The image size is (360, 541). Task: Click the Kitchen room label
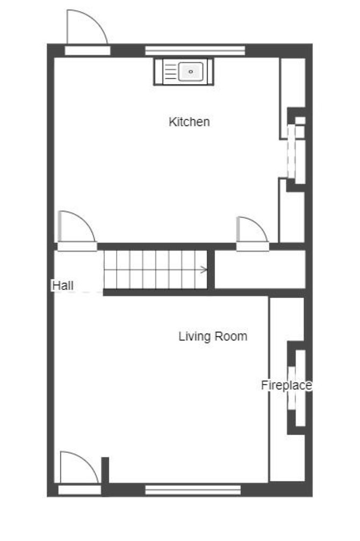click(x=189, y=122)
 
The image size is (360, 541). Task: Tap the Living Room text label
click(x=213, y=337)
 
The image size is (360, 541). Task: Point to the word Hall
click(x=63, y=286)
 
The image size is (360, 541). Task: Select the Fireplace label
click(x=286, y=385)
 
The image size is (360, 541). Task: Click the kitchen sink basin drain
click(x=191, y=72)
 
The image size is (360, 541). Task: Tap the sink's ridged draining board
click(x=171, y=72)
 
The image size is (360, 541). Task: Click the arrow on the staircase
click(x=204, y=270)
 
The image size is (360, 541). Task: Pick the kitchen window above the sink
click(x=195, y=51)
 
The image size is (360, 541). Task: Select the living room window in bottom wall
click(x=193, y=489)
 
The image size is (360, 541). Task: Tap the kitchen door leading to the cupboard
click(x=253, y=233)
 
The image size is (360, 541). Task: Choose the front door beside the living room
click(x=80, y=473)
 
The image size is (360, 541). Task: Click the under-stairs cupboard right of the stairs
click(x=260, y=269)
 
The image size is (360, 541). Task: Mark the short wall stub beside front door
click(x=105, y=471)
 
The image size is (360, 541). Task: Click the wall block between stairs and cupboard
click(x=211, y=269)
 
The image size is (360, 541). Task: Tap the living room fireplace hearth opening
click(x=292, y=388)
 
